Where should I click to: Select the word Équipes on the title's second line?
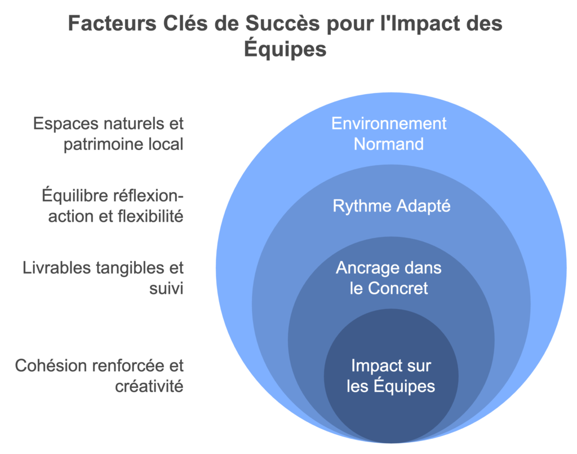pos(285,49)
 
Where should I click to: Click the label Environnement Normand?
pos(389,134)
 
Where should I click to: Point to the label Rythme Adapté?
pos(392,206)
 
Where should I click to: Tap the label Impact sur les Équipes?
pos(391,376)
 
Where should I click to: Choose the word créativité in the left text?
pos(149,386)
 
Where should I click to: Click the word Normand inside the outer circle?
pos(389,144)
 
